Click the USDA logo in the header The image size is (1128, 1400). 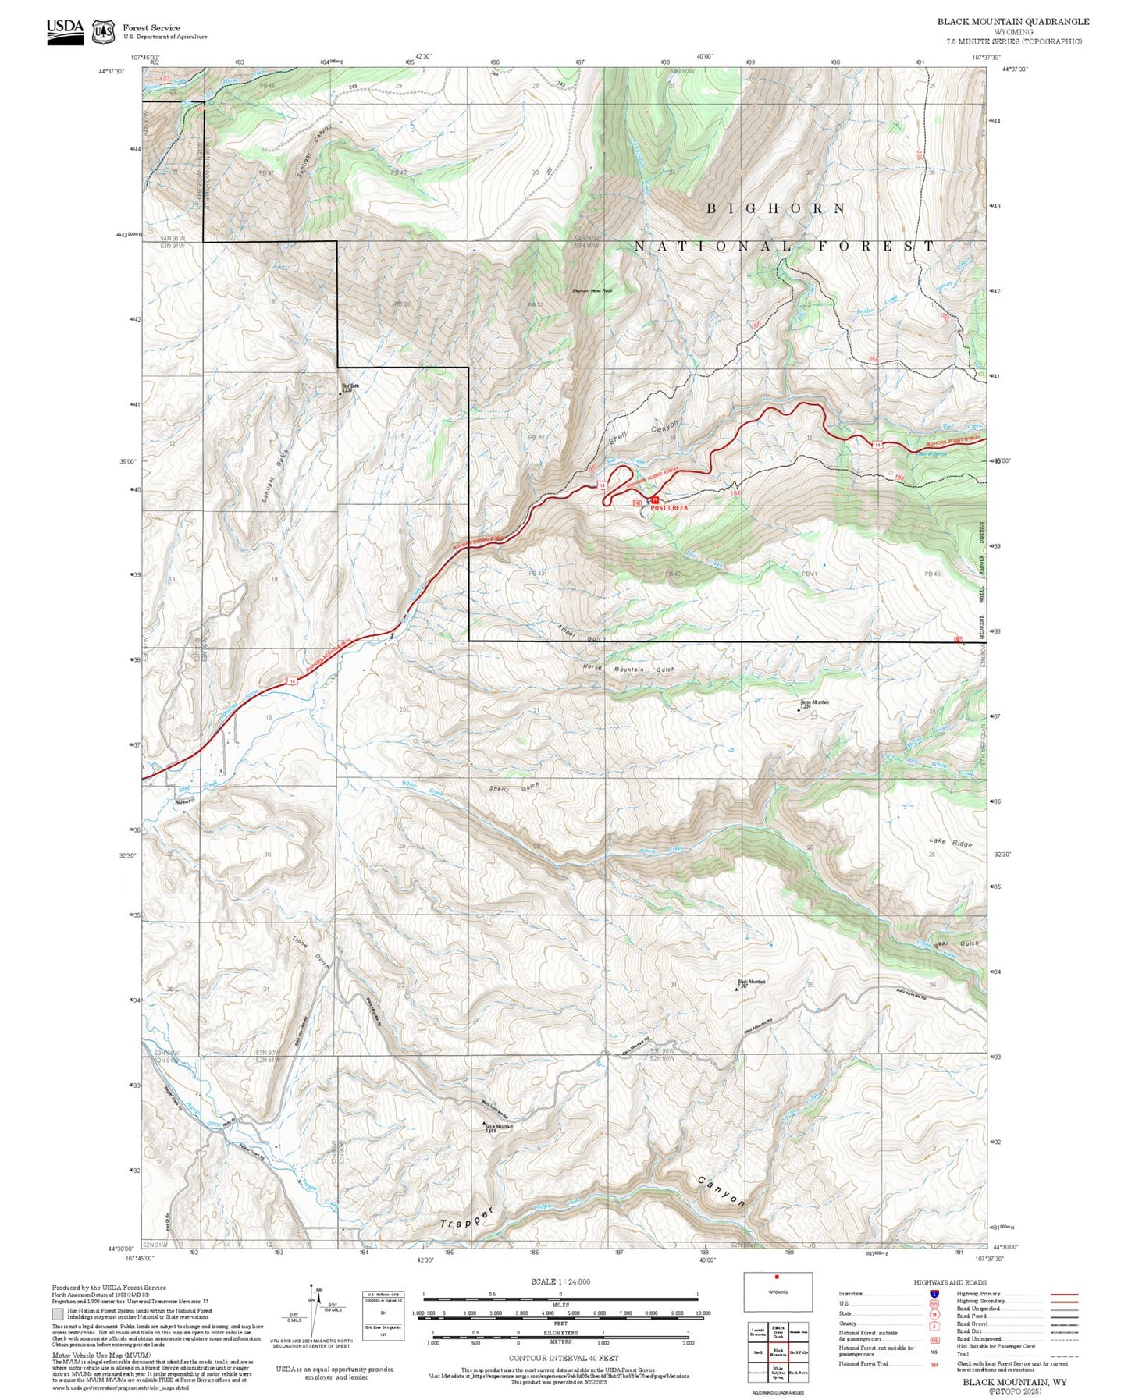pos(65,30)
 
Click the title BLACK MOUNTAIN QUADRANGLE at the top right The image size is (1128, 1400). pos(1013,21)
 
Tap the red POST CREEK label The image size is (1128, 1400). pos(669,507)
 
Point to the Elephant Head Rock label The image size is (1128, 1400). pos(593,290)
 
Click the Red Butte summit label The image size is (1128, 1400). pos(350,386)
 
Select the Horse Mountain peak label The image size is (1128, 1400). pos(814,702)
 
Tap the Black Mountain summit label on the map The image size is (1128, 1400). pos(753,982)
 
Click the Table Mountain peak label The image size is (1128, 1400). pos(499,1126)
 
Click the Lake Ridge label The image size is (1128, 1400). pos(951,842)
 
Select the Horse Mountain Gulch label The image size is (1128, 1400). pos(628,670)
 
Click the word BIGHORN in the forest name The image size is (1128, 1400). pos(776,208)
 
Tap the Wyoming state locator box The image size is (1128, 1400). pos(777,1314)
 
